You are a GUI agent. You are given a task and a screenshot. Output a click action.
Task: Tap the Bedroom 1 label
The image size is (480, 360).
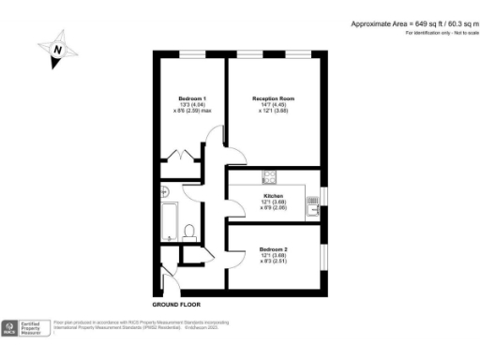click(x=191, y=98)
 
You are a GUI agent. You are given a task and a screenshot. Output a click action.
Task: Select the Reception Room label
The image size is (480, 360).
click(x=274, y=97)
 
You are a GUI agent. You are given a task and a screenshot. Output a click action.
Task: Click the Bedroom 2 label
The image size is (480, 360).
click(x=274, y=248)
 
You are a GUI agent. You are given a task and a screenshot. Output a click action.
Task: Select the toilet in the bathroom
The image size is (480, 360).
click(x=189, y=231)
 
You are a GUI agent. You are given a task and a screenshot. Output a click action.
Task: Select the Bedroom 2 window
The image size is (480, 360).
click(x=325, y=256)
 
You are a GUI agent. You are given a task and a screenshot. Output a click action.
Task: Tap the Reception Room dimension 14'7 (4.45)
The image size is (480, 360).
click(x=274, y=105)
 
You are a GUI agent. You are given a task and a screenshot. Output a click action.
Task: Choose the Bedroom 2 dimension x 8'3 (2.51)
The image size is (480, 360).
click(x=274, y=262)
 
